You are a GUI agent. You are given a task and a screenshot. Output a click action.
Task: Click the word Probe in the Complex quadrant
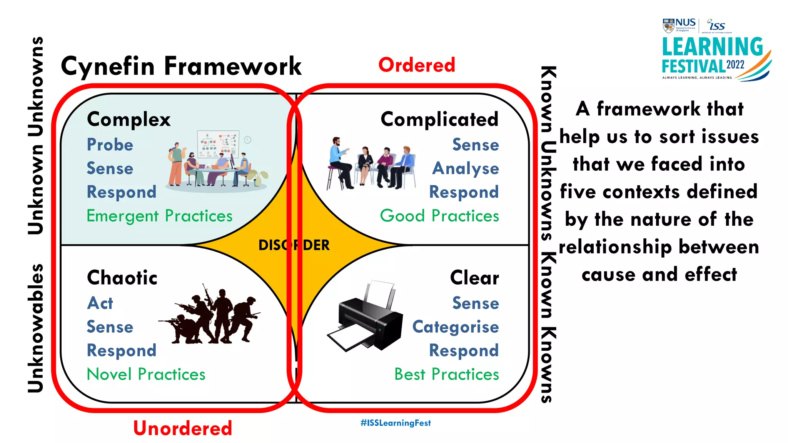(110, 145)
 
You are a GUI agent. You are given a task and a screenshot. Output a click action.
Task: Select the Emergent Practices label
(159, 216)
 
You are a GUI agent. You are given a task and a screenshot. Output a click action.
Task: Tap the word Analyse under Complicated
(466, 169)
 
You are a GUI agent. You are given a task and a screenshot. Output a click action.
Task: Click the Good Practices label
(439, 216)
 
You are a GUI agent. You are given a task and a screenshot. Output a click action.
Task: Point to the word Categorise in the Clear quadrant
(456, 327)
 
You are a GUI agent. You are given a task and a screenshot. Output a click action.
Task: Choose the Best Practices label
(447, 375)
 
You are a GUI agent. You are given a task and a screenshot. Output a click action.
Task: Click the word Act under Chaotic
(100, 303)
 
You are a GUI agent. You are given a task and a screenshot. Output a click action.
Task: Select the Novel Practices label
(146, 375)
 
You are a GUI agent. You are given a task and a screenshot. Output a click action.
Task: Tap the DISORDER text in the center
(294, 245)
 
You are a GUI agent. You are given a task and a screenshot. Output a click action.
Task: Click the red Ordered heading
(417, 65)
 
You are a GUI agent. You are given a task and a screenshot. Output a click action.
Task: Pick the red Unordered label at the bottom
(183, 428)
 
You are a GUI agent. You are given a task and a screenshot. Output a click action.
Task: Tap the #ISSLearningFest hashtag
(396, 423)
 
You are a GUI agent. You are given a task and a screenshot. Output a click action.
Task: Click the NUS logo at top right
(679, 25)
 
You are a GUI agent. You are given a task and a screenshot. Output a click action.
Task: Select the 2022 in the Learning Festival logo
(735, 65)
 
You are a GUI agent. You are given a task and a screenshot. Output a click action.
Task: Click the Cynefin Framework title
(181, 66)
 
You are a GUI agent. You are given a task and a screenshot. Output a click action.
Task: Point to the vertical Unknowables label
(36, 328)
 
